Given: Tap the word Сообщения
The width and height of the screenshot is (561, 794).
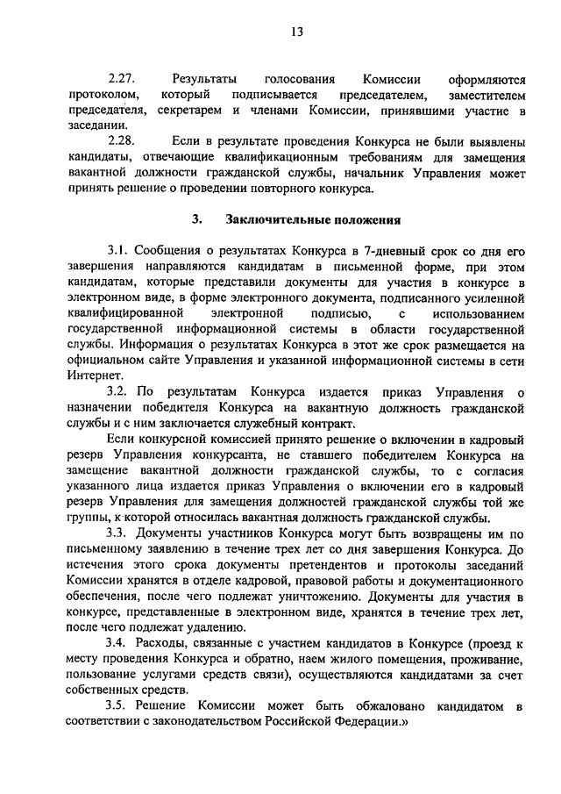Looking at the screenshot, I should (x=171, y=251).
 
